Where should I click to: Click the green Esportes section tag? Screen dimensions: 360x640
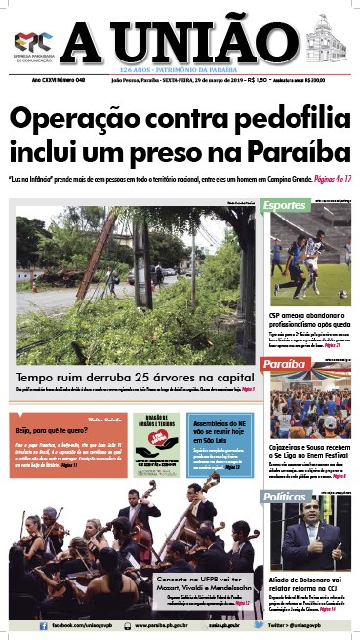pos(286,206)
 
